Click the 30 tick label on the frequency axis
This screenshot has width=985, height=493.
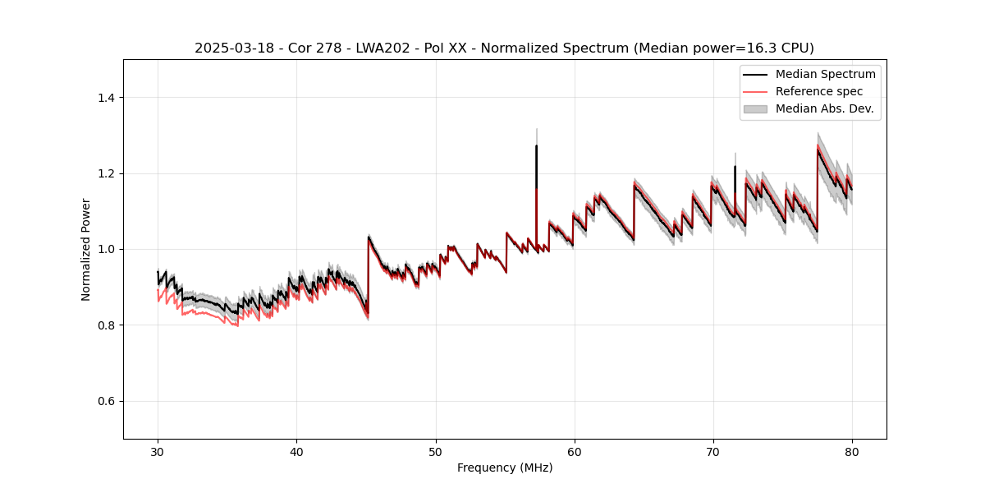tap(158, 451)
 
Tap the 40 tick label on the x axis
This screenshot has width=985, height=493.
tap(296, 451)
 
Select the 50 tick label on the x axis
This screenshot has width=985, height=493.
tap(435, 451)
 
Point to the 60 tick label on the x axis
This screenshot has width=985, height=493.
tap(574, 451)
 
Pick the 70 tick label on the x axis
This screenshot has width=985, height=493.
tap(712, 451)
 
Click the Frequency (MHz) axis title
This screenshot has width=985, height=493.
tap(505, 468)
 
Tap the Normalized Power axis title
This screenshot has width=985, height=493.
tap(86, 249)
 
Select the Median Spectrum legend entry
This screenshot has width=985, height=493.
tap(825, 74)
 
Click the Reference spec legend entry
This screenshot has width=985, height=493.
tap(819, 91)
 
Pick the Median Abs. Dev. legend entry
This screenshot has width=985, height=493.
tap(824, 108)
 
